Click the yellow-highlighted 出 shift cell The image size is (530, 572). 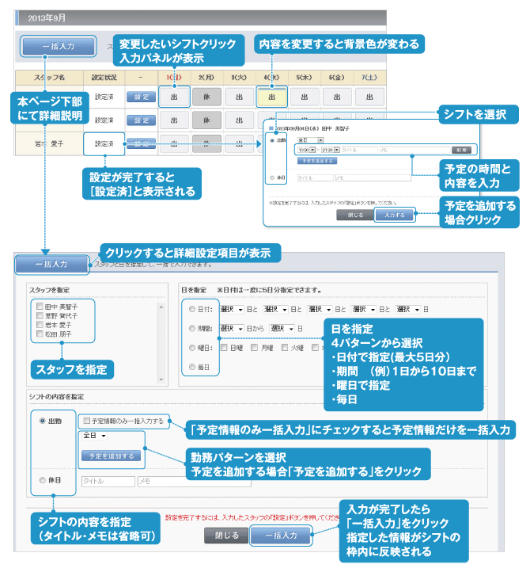pyautogui.click(x=271, y=96)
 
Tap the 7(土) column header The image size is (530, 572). pyautogui.click(x=369, y=77)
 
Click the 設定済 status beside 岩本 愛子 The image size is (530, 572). pyautogui.click(x=104, y=143)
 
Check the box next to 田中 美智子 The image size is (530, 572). pyautogui.click(x=40, y=304)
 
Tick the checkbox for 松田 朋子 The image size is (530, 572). pyautogui.click(x=40, y=334)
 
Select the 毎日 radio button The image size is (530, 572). pyautogui.click(x=190, y=367)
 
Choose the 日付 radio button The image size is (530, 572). pyautogui.click(x=190, y=308)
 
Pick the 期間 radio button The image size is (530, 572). pyautogui.click(x=190, y=328)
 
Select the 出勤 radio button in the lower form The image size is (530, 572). pyautogui.click(x=43, y=421)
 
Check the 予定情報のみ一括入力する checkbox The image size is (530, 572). pyautogui.click(x=86, y=421)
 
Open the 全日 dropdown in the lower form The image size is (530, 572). pyautogui.click(x=94, y=435)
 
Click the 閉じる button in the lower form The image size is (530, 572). pyautogui.click(x=226, y=535)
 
